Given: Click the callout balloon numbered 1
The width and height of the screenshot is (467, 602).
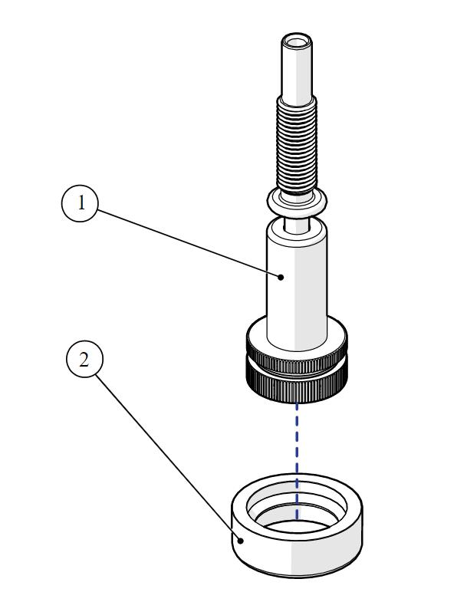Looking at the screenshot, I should point(79,205).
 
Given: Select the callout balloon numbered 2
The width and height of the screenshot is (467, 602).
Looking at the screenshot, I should point(85,360).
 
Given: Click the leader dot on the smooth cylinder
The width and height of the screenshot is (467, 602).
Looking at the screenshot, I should point(282,277).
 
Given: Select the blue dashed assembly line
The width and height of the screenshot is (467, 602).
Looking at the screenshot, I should point(298,445).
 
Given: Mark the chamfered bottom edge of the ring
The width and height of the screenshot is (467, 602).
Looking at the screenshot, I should point(298,574).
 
